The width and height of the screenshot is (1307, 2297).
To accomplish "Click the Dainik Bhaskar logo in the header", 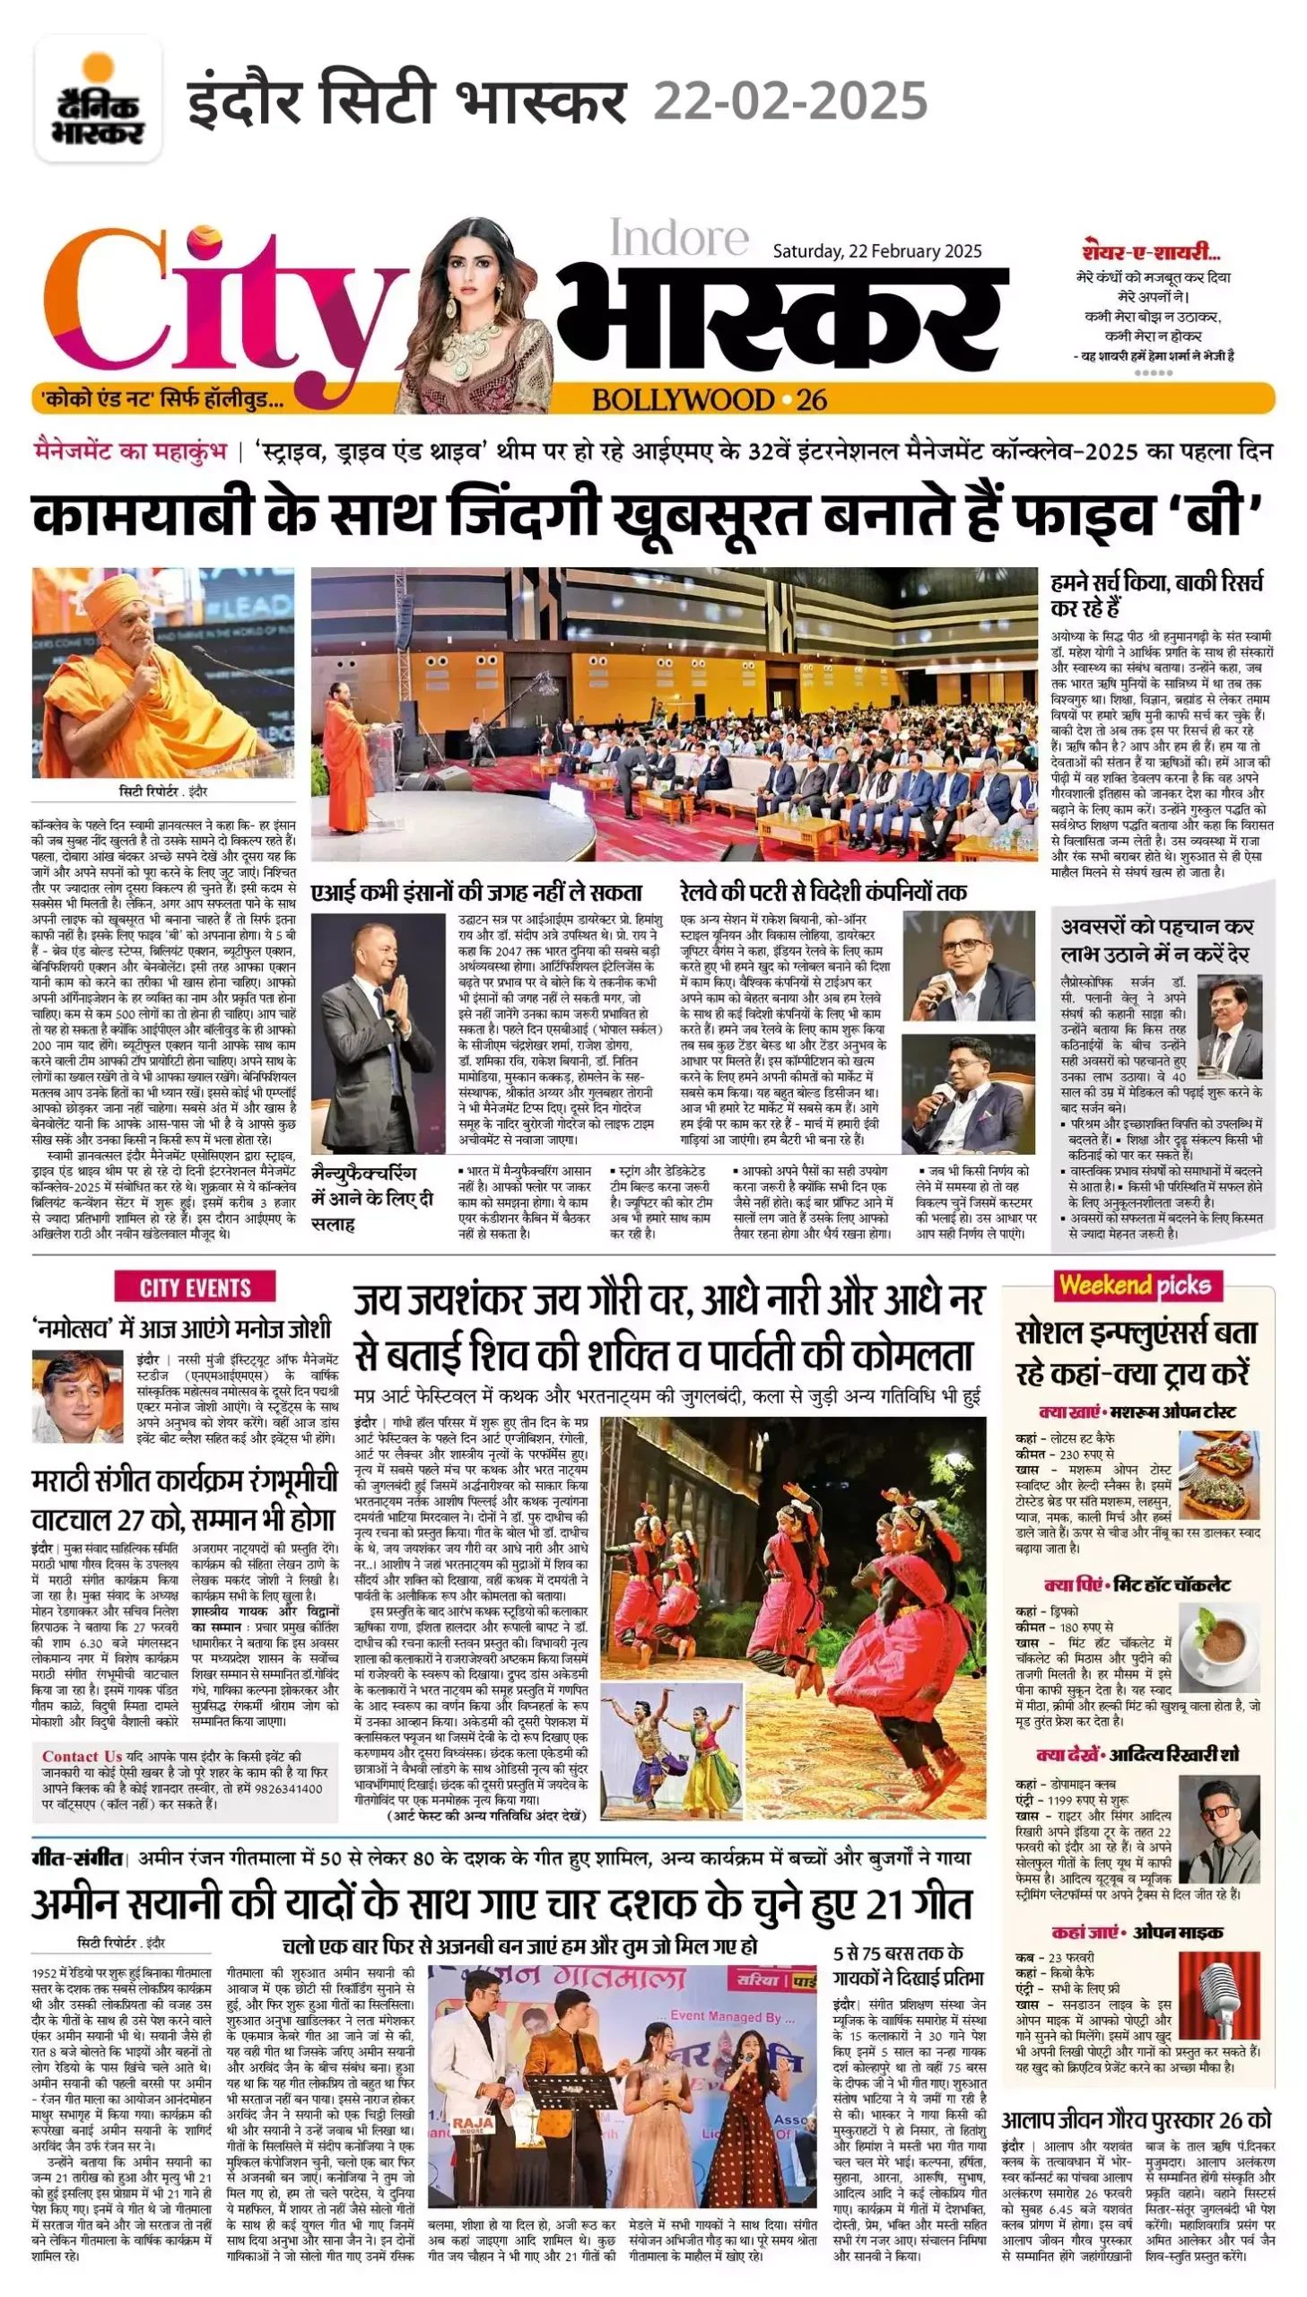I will click(98, 99).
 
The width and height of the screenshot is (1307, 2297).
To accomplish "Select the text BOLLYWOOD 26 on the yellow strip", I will click(710, 399).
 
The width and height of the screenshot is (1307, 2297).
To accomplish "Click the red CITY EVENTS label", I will click(195, 1288).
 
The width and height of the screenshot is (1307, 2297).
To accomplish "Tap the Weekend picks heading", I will click(1136, 1286).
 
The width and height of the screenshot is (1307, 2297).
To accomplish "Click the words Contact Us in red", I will click(82, 1757).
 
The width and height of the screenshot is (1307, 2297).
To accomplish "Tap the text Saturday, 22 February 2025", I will click(877, 251).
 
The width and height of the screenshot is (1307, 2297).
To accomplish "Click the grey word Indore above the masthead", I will click(679, 238).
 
